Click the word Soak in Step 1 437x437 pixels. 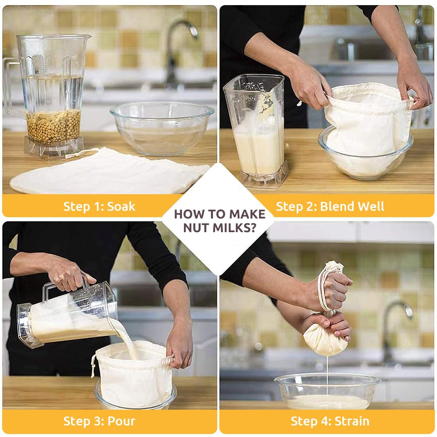click(121, 207)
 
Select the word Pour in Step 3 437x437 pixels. click(121, 421)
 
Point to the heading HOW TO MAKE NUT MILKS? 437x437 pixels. click(219, 220)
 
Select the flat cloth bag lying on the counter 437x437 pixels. click(107, 173)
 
